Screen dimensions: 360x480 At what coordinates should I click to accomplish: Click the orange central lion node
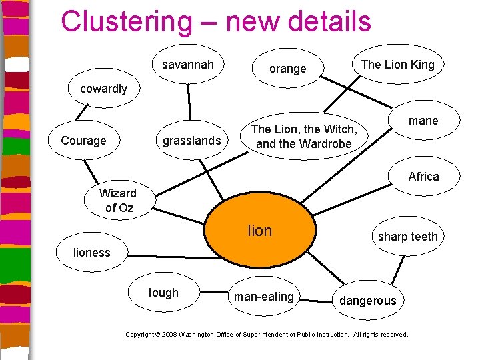tap(259, 231)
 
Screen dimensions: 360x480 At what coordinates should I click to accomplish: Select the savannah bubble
tap(188, 65)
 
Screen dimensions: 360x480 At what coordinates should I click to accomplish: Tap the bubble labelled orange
tap(287, 69)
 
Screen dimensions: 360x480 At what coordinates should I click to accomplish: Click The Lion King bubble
tap(397, 65)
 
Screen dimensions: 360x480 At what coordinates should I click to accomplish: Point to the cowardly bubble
tap(103, 89)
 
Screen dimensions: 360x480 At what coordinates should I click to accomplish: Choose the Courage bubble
tap(83, 141)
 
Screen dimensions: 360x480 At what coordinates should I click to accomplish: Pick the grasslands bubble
tap(191, 141)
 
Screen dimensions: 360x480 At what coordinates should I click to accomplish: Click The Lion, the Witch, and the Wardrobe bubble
tap(303, 137)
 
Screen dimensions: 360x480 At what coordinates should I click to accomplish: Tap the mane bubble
tap(423, 121)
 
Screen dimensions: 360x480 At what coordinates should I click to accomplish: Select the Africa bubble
tap(423, 177)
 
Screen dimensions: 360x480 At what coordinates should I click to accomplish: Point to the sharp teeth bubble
tap(407, 237)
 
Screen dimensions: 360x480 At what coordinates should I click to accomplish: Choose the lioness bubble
tap(92, 252)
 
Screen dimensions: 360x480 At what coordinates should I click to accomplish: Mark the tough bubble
tap(163, 293)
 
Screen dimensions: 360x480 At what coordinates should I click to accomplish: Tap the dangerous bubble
tap(367, 301)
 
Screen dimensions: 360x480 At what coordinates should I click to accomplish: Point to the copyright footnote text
tap(267, 334)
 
